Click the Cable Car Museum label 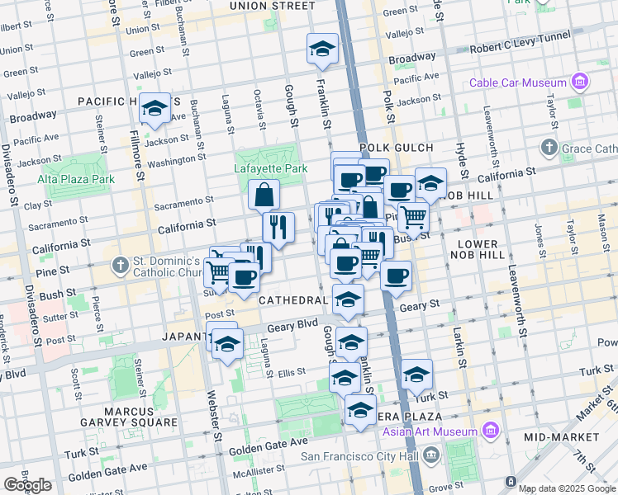tap(517, 82)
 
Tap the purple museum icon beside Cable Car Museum tap(579, 82)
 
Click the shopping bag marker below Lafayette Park tap(264, 196)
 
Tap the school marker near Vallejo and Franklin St tap(322, 49)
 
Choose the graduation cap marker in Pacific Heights tap(154, 109)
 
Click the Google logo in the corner tap(27, 485)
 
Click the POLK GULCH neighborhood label tap(396, 148)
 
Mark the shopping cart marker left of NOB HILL tap(414, 217)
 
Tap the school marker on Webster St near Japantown tap(227, 344)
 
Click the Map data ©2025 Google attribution tap(567, 488)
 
